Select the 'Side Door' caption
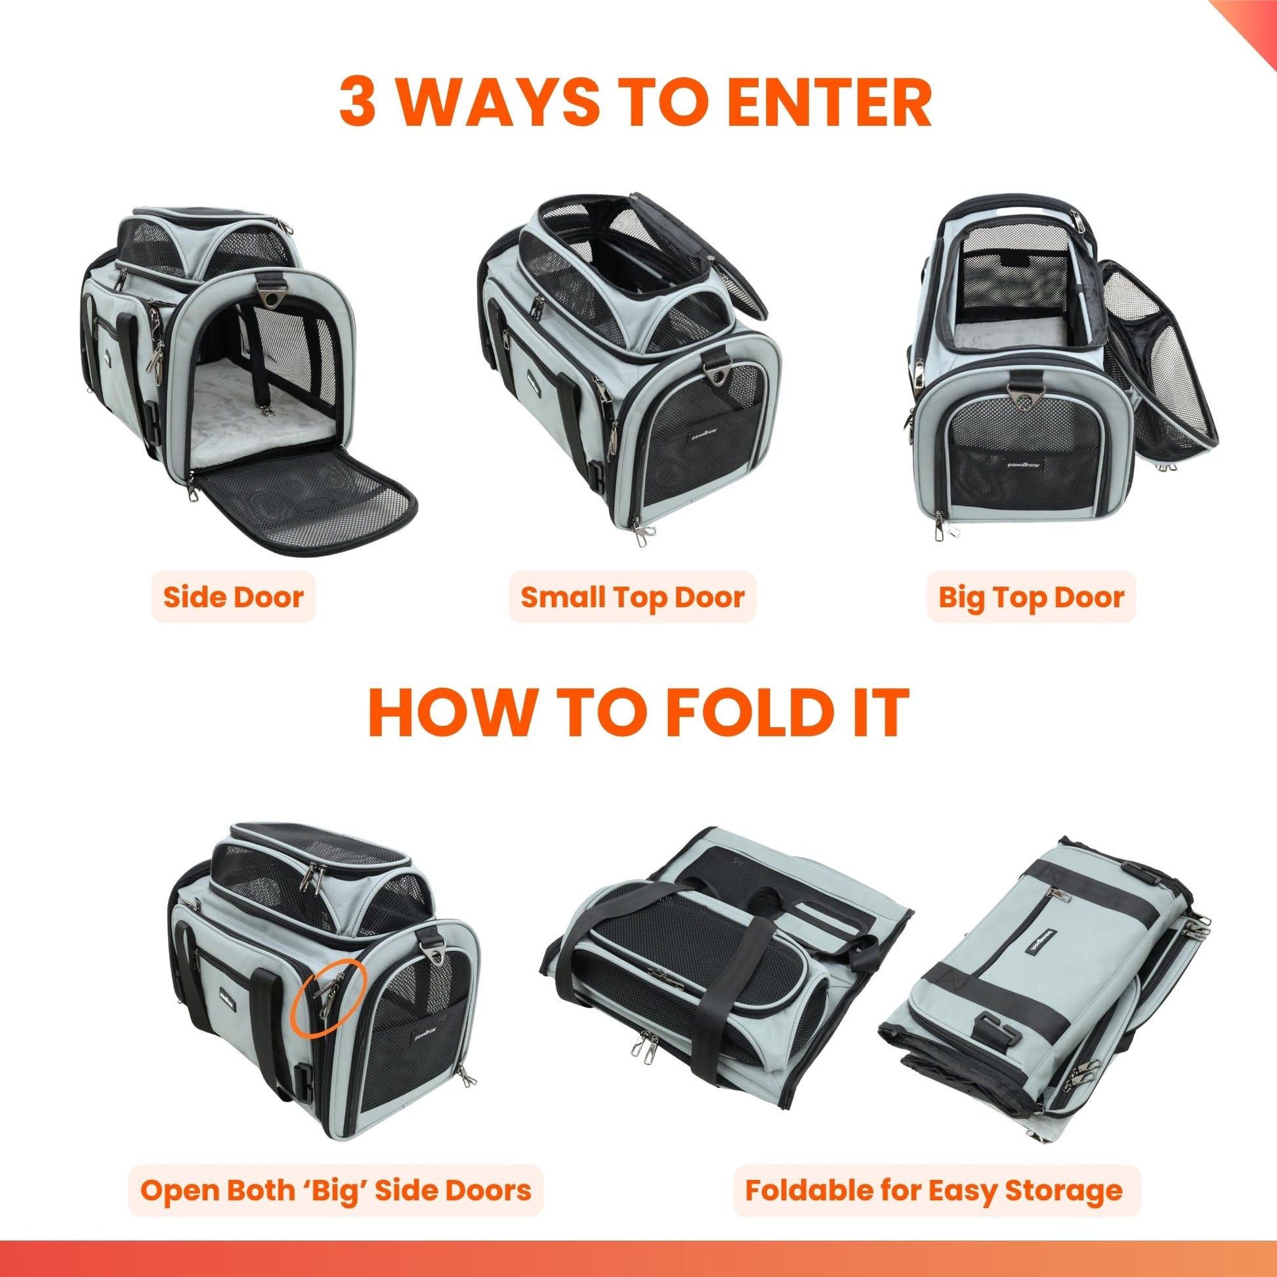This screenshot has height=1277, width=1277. (x=234, y=598)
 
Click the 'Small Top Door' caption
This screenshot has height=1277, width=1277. (x=633, y=598)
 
